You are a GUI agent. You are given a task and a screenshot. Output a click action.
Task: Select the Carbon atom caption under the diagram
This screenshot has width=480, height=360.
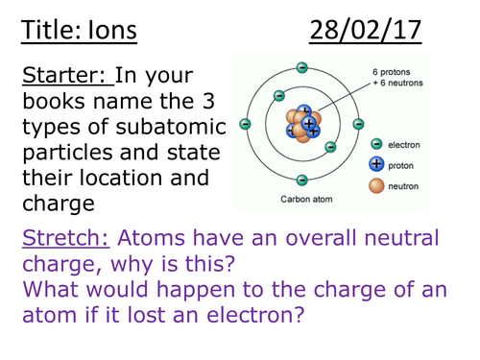click(x=303, y=202)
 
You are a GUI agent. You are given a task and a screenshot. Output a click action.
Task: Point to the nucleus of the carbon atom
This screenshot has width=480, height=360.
click(x=305, y=124)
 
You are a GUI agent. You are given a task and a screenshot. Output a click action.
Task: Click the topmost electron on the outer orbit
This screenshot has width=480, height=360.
click(x=302, y=67)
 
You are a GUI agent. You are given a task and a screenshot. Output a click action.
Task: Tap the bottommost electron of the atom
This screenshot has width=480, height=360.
click(x=302, y=180)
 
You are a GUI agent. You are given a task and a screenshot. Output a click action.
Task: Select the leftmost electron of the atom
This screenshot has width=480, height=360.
click(x=246, y=124)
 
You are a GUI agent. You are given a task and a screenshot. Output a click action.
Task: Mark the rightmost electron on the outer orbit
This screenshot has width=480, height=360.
click(x=359, y=124)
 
